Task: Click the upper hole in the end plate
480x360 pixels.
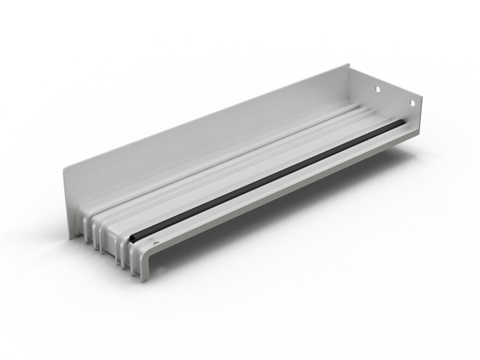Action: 377,87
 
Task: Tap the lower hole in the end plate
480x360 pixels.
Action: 413,103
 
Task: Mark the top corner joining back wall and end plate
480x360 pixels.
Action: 350,64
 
